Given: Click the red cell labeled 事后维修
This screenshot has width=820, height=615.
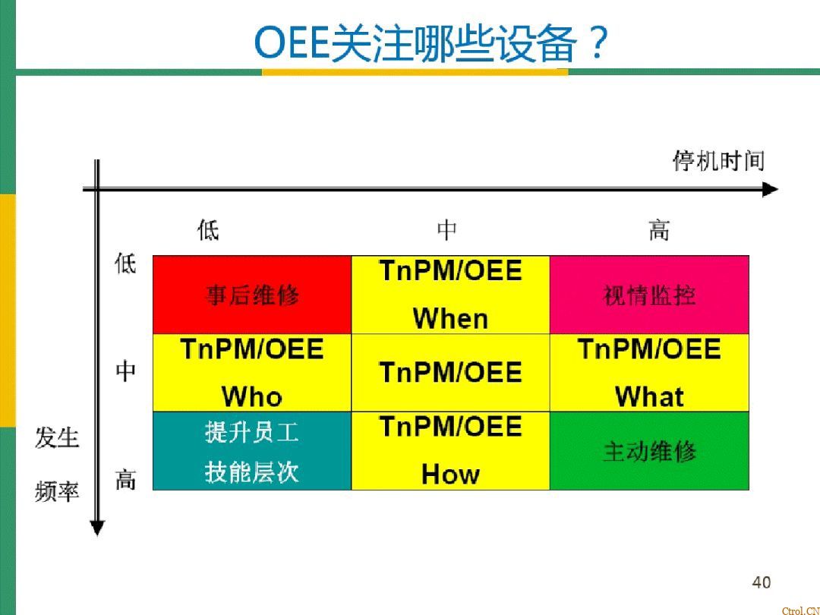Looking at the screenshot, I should click(252, 295).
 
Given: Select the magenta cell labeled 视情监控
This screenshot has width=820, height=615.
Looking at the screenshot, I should click(649, 295).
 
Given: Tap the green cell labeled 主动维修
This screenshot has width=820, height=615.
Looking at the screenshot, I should click(649, 451).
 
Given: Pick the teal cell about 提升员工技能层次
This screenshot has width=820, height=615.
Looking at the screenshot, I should click(252, 451).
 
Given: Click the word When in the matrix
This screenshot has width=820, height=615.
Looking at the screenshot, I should click(450, 319).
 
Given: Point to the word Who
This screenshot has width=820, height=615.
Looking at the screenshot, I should click(252, 396).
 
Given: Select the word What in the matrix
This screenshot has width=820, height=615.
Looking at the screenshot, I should click(649, 396).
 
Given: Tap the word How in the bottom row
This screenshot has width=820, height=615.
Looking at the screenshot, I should click(450, 475).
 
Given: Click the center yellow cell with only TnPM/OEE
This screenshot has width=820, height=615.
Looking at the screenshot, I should click(450, 373).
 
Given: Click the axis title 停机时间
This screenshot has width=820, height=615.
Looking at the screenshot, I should click(718, 161).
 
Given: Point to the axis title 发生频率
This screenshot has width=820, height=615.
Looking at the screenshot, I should click(57, 465).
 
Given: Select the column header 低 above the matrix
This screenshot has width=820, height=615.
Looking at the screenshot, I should click(208, 230).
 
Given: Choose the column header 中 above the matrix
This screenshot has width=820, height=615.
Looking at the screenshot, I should click(446, 230).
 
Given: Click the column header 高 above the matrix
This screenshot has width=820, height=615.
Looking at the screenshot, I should click(659, 230).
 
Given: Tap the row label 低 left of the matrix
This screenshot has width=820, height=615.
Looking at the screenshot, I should click(125, 264).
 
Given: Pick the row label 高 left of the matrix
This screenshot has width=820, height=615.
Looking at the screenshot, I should click(125, 480).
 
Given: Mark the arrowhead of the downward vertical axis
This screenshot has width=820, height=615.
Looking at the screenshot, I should click(96, 527).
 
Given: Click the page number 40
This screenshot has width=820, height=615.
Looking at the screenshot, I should click(761, 582).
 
